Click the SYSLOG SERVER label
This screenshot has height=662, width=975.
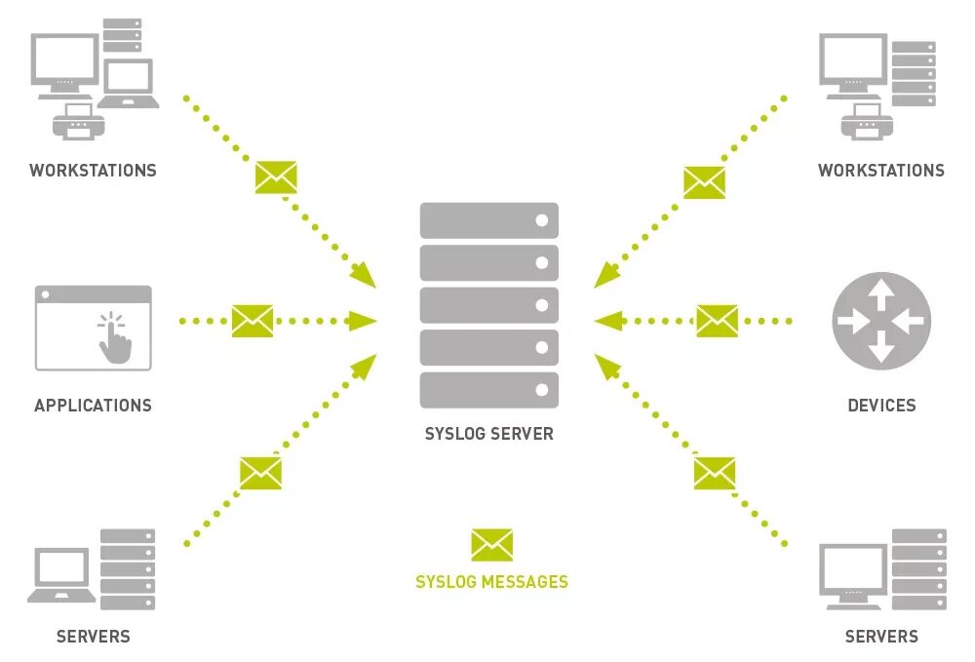click(x=488, y=434)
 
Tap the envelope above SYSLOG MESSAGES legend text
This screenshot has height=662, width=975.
click(x=491, y=545)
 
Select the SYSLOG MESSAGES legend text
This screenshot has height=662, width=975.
click(x=491, y=582)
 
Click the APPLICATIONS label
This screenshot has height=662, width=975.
click(x=93, y=406)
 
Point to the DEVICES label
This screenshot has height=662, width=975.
click(x=881, y=406)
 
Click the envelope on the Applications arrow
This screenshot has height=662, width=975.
click(x=253, y=321)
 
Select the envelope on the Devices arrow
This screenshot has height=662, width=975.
click(x=717, y=321)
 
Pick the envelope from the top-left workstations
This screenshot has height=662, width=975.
click(x=276, y=177)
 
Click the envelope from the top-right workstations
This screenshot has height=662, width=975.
click(x=704, y=182)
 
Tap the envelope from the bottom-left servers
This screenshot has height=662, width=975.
click(x=260, y=473)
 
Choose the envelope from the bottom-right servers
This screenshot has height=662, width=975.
click(x=715, y=473)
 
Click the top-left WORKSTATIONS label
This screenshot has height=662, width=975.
click(x=93, y=171)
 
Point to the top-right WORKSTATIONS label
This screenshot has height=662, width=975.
click(x=881, y=171)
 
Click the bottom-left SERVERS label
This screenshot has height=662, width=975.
click(x=93, y=637)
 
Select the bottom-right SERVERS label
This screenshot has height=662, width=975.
click(x=881, y=637)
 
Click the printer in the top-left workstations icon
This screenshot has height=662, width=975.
click(x=78, y=121)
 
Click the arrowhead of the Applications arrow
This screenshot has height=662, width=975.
click(x=364, y=321)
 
